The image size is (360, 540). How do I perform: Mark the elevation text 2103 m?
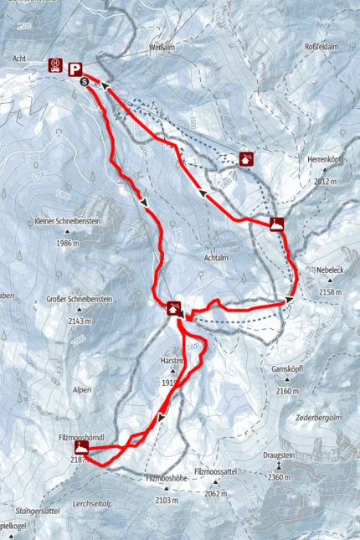coord(166,501)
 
